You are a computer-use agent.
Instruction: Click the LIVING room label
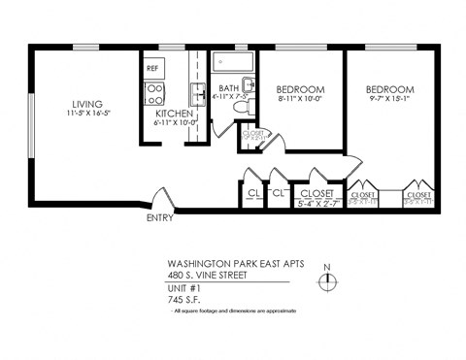(87, 104)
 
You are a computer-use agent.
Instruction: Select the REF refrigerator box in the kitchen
(152, 69)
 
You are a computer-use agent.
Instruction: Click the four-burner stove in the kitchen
(153, 92)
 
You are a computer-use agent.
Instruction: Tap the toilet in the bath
(249, 103)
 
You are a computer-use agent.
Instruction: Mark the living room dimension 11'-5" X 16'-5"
(87, 114)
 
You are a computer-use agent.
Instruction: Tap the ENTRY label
(159, 218)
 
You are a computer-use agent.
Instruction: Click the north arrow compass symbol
(328, 281)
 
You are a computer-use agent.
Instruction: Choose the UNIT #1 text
(184, 288)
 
